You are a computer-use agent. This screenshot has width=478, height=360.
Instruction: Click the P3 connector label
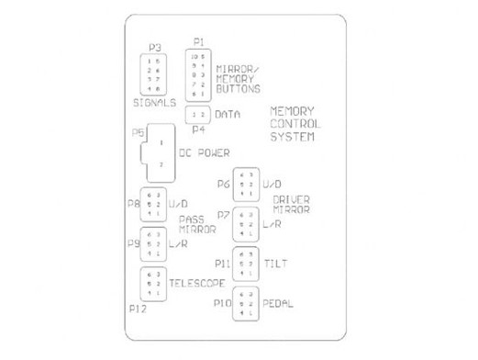[x=155, y=48]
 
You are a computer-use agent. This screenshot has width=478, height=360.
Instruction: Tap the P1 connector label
[x=199, y=42]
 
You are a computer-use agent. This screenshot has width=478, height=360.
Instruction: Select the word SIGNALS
[x=153, y=103]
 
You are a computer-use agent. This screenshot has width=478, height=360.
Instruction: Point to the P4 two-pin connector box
[x=199, y=114]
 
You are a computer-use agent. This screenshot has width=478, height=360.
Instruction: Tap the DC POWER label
[x=203, y=153]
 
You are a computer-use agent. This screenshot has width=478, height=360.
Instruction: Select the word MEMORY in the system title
[x=293, y=110]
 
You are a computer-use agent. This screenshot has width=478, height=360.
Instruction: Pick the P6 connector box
[x=245, y=185]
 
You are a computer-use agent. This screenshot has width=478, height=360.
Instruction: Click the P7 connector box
[x=245, y=223]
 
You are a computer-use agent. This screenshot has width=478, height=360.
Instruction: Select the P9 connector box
[x=153, y=243]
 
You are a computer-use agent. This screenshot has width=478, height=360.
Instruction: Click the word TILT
[x=276, y=264]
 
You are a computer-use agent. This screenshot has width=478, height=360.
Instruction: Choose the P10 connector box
[x=245, y=303]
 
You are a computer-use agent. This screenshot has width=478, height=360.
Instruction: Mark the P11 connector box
[x=245, y=264]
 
